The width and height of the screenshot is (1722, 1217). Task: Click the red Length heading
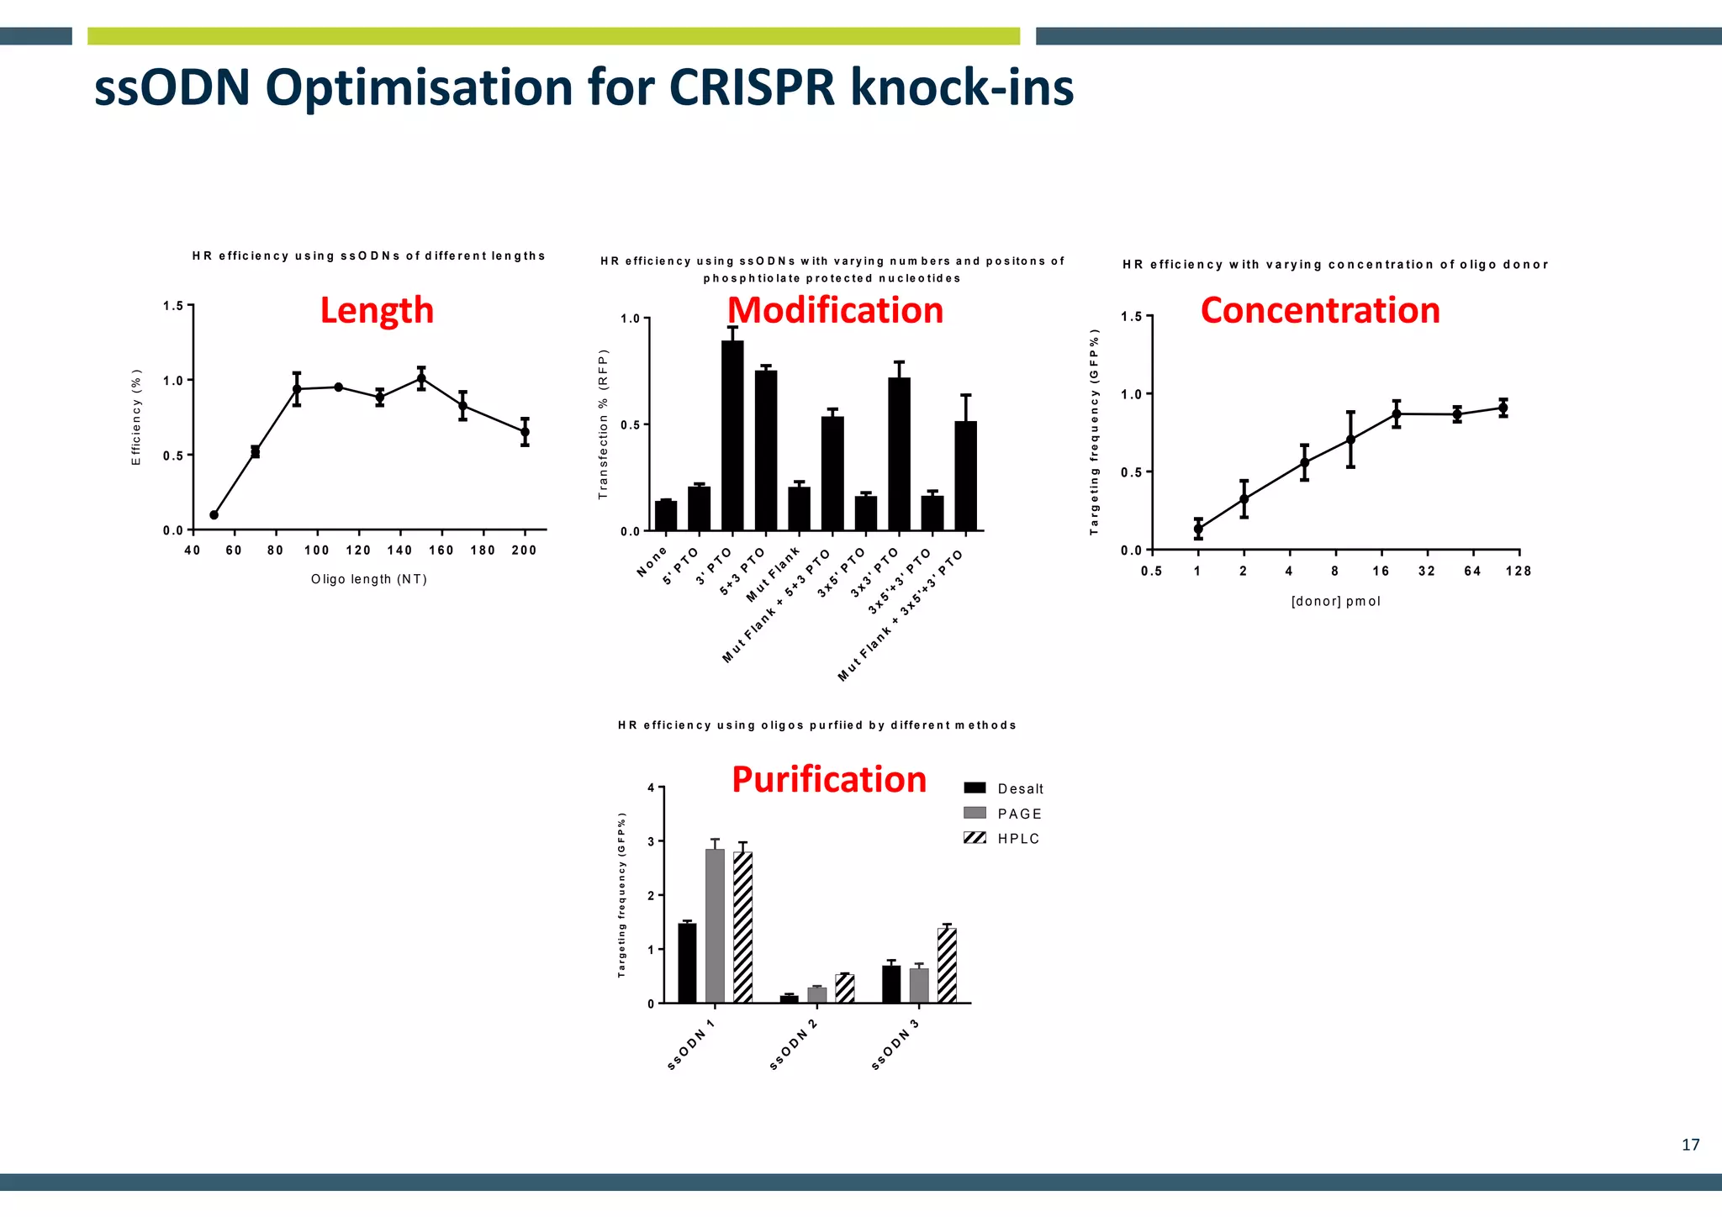pyautogui.click(x=377, y=310)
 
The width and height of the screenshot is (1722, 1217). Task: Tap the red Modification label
pyautogui.click(x=835, y=310)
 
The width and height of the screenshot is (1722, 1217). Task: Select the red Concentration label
pyautogui.click(x=1320, y=310)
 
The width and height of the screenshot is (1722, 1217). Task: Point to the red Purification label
pyautogui.click(x=829, y=779)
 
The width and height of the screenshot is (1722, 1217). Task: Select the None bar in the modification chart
pyautogui.click(x=666, y=515)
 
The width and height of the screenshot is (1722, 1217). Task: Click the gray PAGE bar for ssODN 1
pyautogui.click(x=715, y=925)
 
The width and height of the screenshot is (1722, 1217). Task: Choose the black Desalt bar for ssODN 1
pyautogui.click(x=687, y=962)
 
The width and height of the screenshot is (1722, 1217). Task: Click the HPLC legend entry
pyautogui.click(x=1002, y=838)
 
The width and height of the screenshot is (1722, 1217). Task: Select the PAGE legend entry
pyautogui.click(x=1002, y=813)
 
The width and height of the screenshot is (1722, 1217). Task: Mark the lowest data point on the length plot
pyautogui.click(x=214, y=514)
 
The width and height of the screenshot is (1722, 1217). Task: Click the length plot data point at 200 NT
pyautogui.click(x=525, y=431)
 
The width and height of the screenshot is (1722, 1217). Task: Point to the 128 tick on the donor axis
pyautogui.click(x=1519, y=572)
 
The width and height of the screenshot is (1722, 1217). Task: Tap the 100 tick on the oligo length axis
pyautogui.click(x=317, y=551)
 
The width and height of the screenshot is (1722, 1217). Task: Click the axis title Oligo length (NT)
pyautogui.click(x=369, y=579)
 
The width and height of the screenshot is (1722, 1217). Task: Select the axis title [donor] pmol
pyautogui.click(x=1335, y=601)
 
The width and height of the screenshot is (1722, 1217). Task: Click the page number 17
pyautogui.click(x=1690, y=1145)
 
